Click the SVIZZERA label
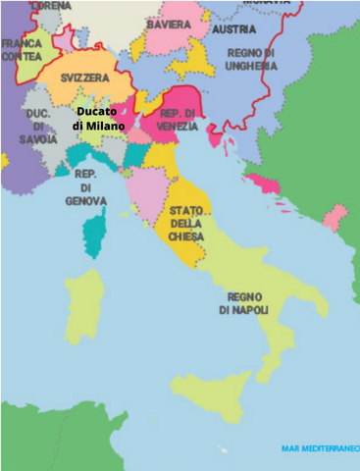click(x=83, y=77)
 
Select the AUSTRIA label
click(x=233, y=30)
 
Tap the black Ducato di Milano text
click(x=100, y=120)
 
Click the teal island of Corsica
click(x=94, y=232)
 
